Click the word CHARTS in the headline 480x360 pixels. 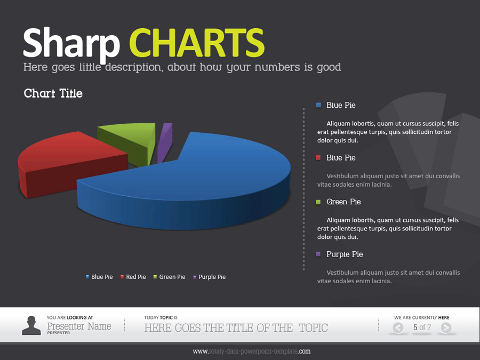tap(197, 42)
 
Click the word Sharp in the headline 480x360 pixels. tap(71, 44)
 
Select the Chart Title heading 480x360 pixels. tap(53, 93)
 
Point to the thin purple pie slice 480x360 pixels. tap(165, 139)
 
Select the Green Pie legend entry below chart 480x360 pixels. tap(169, 277)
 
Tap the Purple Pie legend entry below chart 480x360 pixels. tap(209, 277)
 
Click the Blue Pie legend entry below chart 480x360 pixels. tap(99, 277)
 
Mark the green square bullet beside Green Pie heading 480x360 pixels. tap(318, 202)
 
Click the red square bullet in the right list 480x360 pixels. tap(318, 158)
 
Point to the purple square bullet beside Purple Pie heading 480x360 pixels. tap(318, 254)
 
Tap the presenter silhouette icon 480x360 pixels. tap(31, 325)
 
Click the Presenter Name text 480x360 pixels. tap(79, 326)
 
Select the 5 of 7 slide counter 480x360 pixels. tap(422, 327)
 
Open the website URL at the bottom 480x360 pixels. tap(251, 351)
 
